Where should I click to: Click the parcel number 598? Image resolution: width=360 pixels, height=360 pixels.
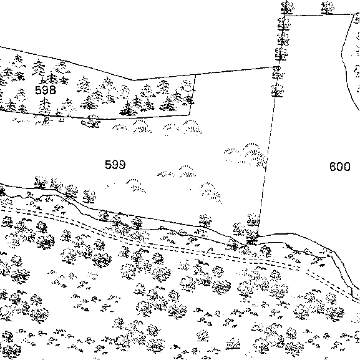pos(46,90)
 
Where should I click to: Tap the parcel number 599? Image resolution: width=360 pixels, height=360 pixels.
pos(115,165)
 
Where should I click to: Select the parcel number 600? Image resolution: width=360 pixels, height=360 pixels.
pos(340,167)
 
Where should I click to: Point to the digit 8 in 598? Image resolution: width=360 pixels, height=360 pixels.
pos(52,90)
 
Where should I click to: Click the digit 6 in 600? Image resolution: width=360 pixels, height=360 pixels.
pos(333,167)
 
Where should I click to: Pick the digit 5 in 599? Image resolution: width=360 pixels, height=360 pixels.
pos(108,165)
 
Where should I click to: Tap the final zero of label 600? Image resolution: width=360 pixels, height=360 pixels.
pos(347,167)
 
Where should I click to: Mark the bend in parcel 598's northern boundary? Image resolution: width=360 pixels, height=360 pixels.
pos(134,80)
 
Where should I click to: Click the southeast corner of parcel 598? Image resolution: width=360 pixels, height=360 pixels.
pos(189,115)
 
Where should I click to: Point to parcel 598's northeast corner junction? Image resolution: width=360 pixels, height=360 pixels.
pos(195,75)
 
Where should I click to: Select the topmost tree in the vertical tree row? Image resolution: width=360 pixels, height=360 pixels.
pos(287,7)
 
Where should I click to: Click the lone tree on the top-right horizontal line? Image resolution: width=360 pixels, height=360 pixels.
pos(328,7)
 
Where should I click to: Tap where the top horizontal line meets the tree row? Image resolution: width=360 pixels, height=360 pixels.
pos(285,16)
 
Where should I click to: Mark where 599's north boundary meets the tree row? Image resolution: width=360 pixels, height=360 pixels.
pos(278,67)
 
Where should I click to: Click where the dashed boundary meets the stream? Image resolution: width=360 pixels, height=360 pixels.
pos(258,236)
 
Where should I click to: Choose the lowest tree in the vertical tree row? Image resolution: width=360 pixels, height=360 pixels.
pos(277,90)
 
